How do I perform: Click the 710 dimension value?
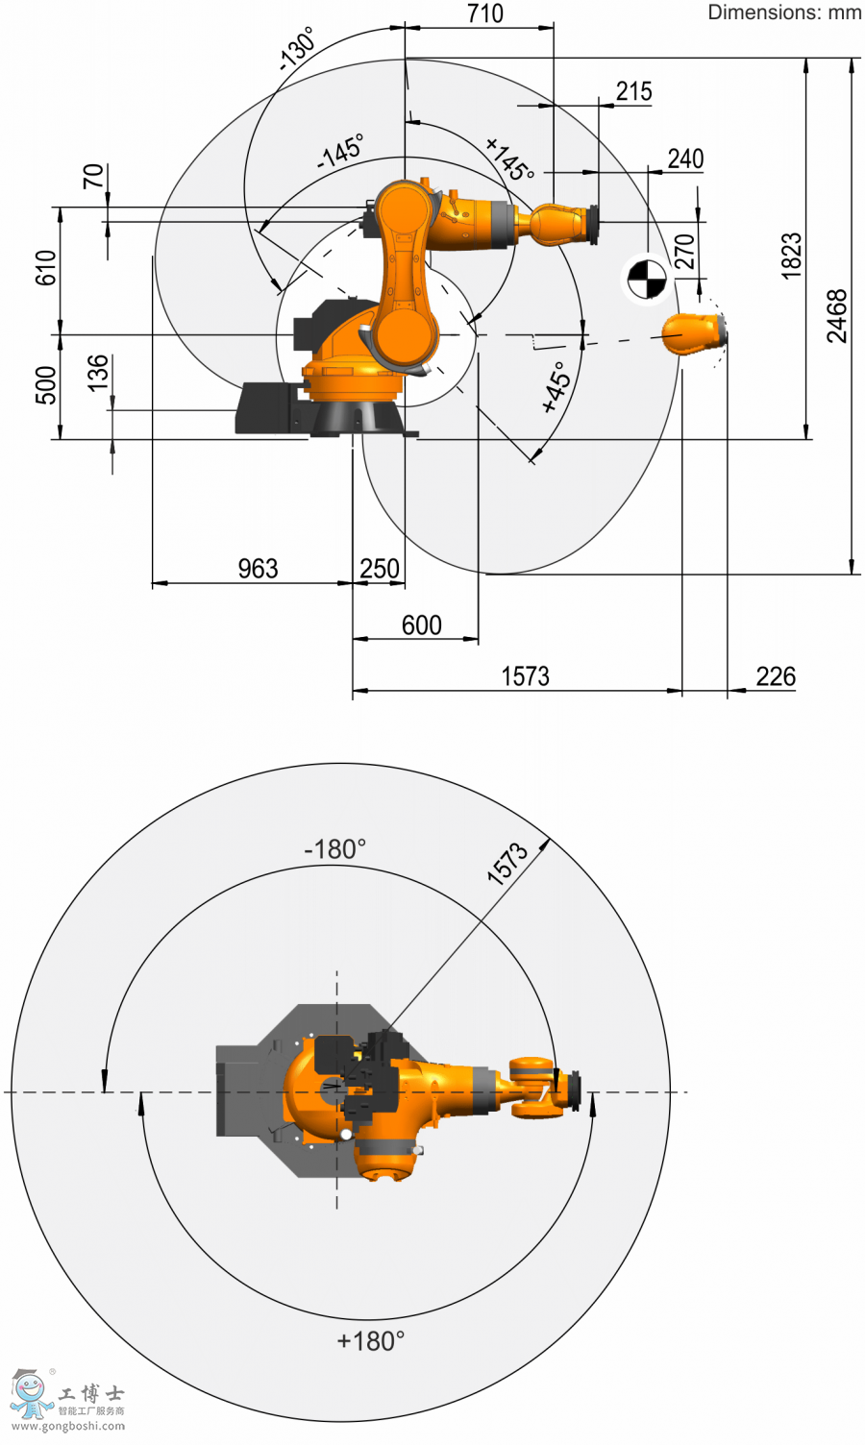[484, 13]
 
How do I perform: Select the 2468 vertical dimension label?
[836, 316]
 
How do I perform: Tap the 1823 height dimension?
[791, 257]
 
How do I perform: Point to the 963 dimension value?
[259, 569]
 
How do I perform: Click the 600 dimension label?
[422, 625]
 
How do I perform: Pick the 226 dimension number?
[776, 676]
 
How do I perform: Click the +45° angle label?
[556, 386]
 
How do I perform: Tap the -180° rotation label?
[335, 849]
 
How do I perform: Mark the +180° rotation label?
[371, 1341]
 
